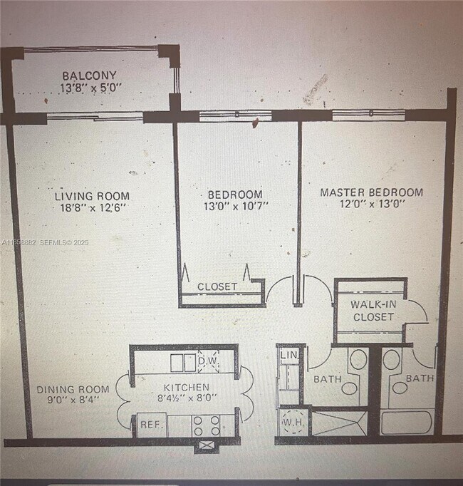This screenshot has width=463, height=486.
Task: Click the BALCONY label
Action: click(89, 76)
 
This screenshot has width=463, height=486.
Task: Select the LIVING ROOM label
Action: click(93, 195)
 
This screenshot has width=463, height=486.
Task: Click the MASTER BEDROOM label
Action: click(371, 192)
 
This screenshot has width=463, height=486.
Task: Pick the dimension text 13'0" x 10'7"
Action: click(235, 207)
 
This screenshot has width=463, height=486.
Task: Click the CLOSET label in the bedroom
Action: click(217, 286)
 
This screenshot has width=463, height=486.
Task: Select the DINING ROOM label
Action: click(73, 389)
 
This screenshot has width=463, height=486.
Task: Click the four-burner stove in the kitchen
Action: click(206, 425)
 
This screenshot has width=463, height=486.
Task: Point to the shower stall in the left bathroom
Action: click(338, 421)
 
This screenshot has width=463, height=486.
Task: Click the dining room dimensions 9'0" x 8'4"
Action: click(73, 400)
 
